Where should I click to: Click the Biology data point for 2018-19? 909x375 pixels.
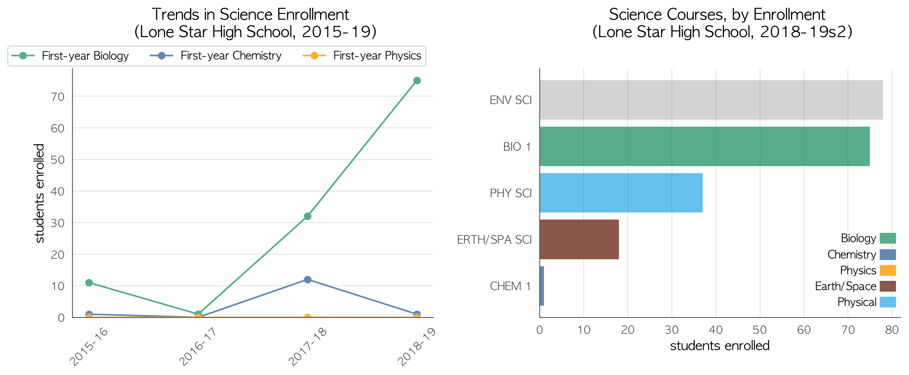[417, 80]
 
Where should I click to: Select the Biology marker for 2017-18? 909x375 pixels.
[307, 216]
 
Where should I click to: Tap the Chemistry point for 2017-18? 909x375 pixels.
[307, 279]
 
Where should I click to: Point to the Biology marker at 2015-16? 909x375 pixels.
[89, 283]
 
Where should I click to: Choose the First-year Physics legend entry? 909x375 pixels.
[362, 56]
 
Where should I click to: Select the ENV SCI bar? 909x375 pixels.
[711, 100]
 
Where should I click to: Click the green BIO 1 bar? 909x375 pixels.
[705, 146]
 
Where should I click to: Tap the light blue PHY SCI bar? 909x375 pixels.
[621, 193]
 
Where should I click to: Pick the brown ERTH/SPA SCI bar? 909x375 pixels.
[579, 240]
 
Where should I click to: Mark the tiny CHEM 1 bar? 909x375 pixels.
[542, 286]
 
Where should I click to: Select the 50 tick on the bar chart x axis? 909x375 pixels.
[760, 330]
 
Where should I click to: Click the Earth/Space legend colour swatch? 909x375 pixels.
[888, 286]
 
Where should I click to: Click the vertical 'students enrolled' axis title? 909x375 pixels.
[39, 193]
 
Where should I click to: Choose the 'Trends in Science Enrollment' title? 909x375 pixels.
[250, 15]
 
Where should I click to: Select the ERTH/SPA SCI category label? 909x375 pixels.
[494, 240]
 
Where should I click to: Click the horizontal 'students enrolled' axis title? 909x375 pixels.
[719, 346]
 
